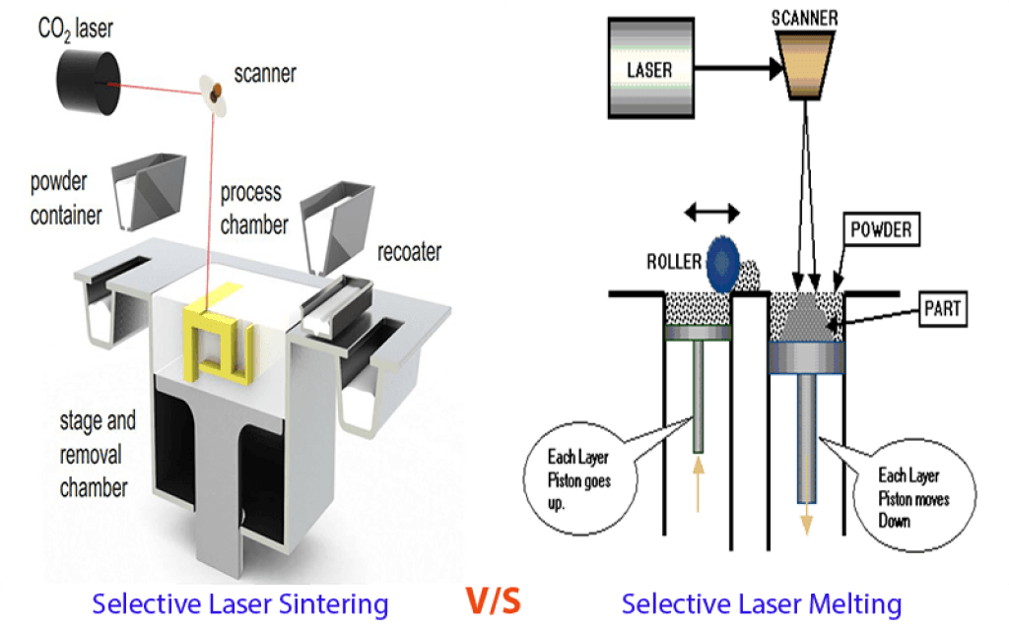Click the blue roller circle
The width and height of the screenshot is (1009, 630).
pyautogui.click(x=726, y=261)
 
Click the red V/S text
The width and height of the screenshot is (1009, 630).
pyautogui.click(x=492, y=600)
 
